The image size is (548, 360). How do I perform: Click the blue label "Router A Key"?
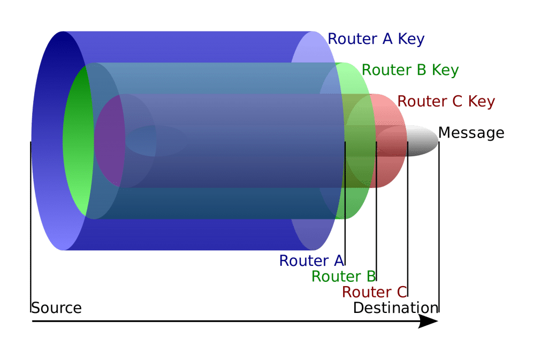376,39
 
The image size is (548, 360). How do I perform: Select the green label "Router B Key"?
410,70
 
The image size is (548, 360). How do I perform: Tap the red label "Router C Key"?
446,101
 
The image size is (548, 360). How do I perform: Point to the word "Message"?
471,133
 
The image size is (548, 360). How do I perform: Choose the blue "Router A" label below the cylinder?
311,261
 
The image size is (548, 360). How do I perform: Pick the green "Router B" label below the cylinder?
344,277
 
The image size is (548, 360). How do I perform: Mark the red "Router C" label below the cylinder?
375,292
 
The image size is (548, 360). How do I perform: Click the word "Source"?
56,308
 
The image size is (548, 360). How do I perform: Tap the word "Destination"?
395,308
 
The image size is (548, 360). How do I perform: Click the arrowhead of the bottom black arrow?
429,321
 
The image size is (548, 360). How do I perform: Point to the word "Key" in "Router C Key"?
481,101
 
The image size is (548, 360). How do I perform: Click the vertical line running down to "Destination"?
439,225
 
